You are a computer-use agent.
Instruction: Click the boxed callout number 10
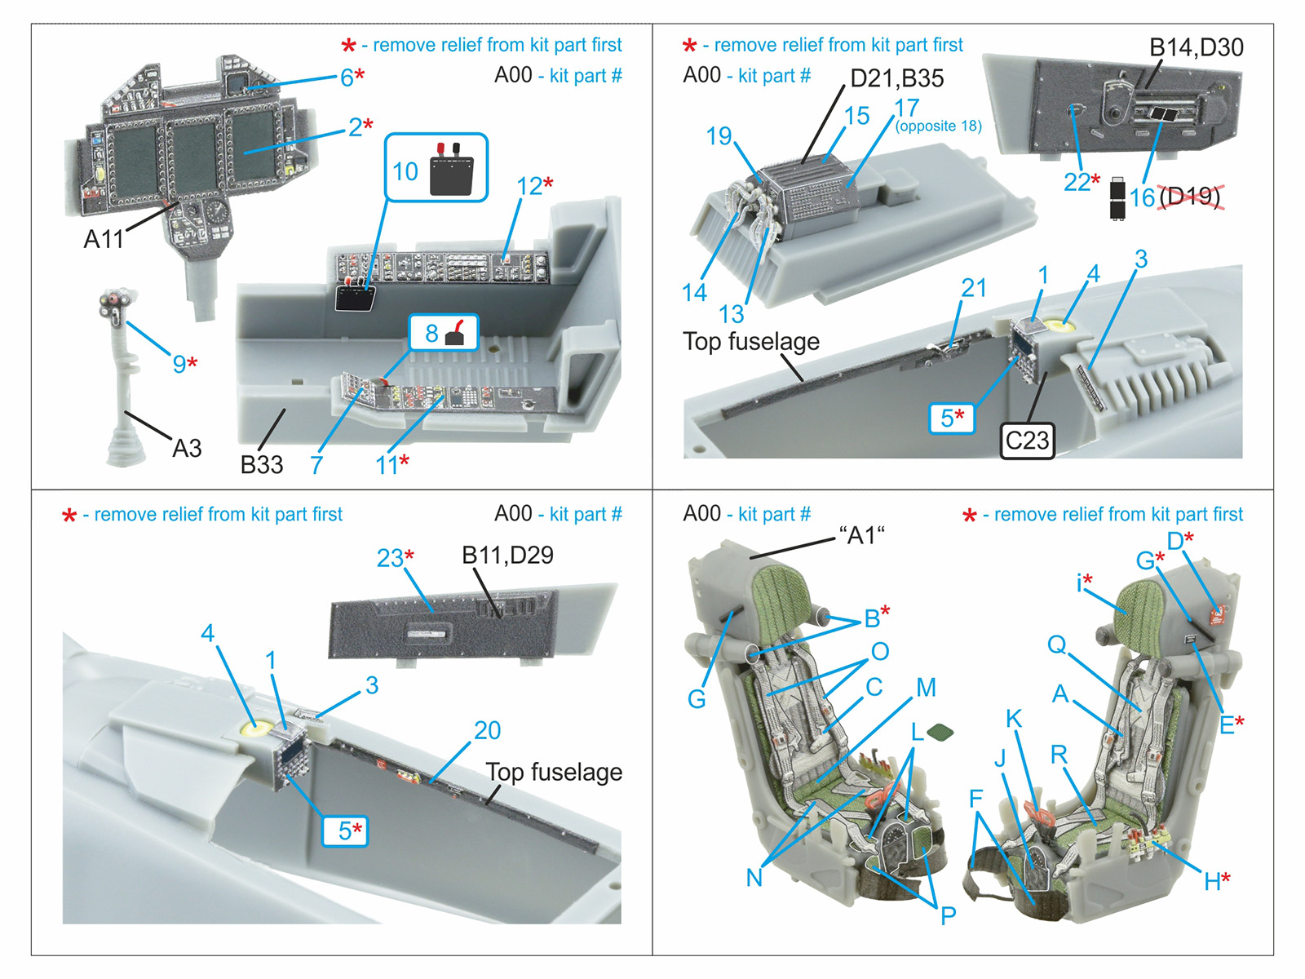405,171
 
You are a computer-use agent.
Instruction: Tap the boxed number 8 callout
431,333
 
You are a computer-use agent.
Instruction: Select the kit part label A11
104,239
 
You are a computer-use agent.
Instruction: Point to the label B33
261,464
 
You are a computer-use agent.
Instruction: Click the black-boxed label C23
1027,441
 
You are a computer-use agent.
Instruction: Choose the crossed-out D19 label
1190,197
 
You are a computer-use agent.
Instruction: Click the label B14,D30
1196,47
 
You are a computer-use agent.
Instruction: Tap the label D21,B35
896,78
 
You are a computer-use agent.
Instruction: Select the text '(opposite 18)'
938,126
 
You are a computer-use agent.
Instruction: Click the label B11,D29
507,555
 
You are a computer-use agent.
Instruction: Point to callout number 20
487,730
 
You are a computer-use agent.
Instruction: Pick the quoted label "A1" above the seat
862,535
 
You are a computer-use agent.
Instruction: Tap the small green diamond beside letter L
940,732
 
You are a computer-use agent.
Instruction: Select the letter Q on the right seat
1057,645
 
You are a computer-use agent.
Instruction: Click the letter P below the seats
948,915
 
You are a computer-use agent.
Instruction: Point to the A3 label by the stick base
187,448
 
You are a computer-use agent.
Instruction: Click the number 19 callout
719,135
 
